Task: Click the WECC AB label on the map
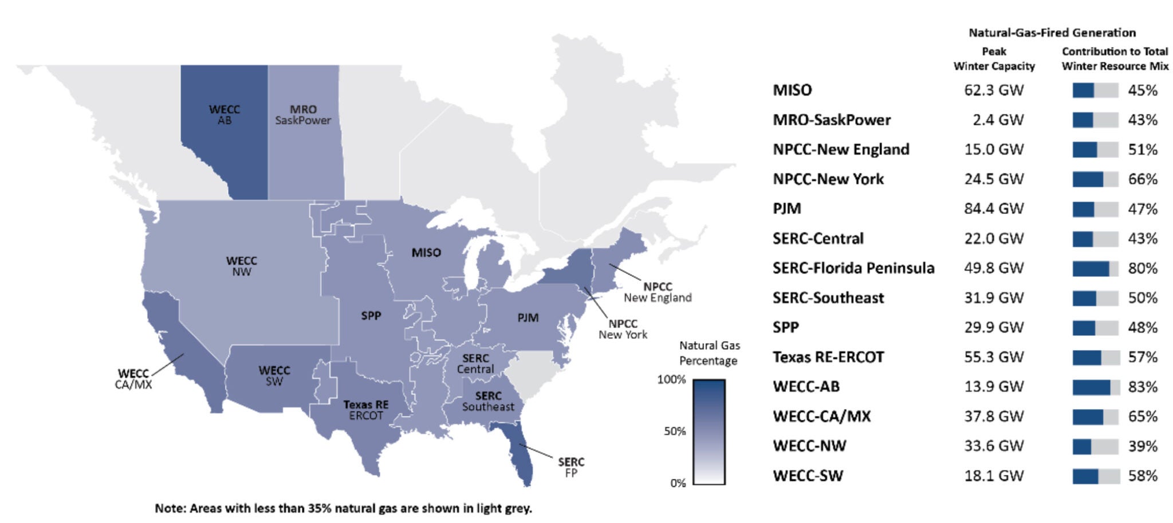pyautogui.click(x=225, y=114)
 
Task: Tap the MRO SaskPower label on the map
pyautogui.click(x=303, y=114)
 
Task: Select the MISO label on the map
pyautogui.click(x=426, y=252)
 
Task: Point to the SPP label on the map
pyautogui.click(x=371, y=315)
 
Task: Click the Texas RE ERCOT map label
pyautogui.click(x=366, y=410)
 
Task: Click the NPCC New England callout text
pyautogui.click(x=658, y=292)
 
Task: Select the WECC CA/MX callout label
pyautogui.click(x=133, y=379)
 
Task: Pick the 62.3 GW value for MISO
pyautogui.click(x=994, y=90)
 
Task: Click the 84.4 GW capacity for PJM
pyautogui.click(x=994, y=208)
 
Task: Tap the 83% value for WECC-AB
pyautogui.click(x=1143, y=387)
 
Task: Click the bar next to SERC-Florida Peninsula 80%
pyautogui.click(x=1095, y=268)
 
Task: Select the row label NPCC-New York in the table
pyautogui.click(x=828, y=179)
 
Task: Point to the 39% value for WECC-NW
pyautogui.click(x=1143, y=446)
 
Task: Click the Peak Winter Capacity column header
pyautogui.click(x=994, y=58)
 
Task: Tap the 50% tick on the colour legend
pyautogui.click(x=675, y=431)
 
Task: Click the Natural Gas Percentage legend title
pyautogui.click(x=709, y=353)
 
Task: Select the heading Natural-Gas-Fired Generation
pyautogui.click(x=1052, y=33)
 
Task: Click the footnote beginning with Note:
pyautogui.click(x=343, y=508)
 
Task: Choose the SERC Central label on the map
pyautogui.click(x=475, y=363)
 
